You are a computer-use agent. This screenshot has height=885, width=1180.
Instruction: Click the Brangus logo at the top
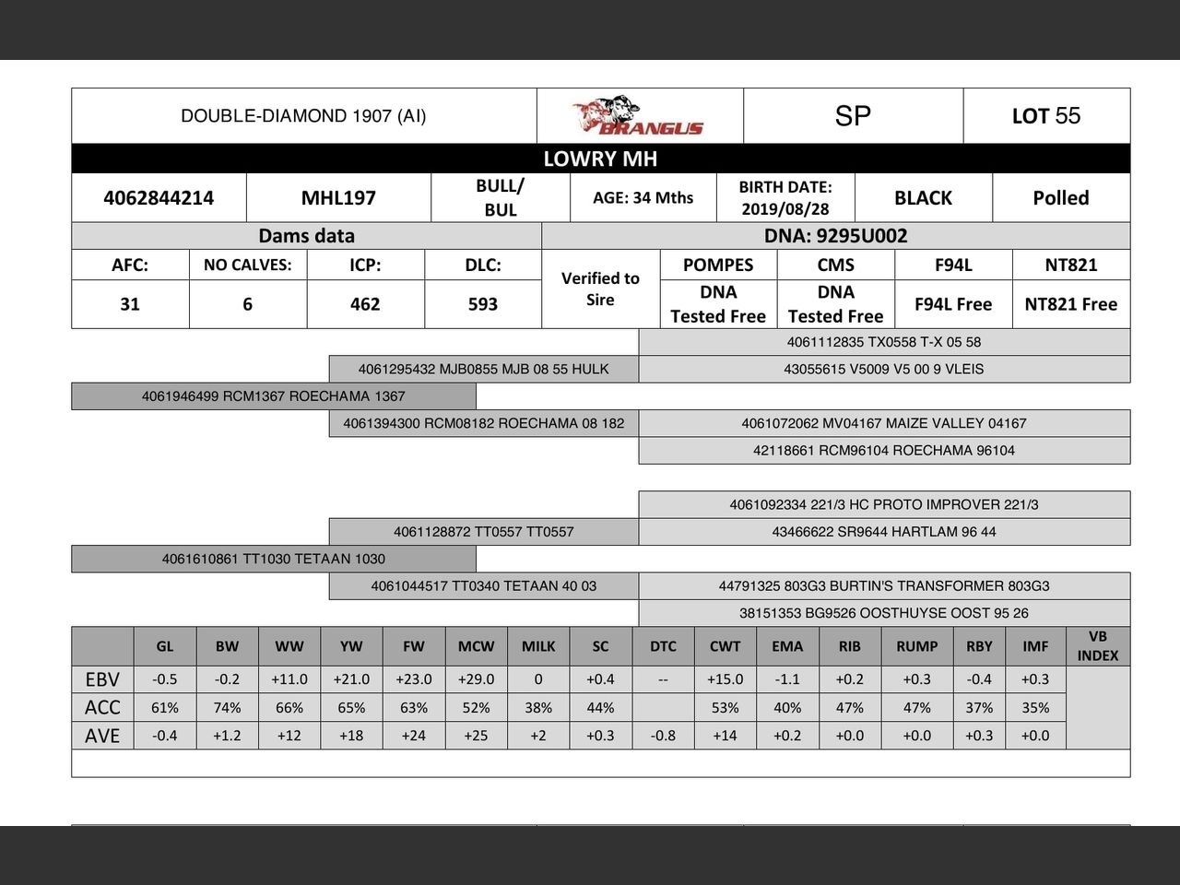pos(638,116)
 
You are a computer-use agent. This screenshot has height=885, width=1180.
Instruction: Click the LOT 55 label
pos(1045,116)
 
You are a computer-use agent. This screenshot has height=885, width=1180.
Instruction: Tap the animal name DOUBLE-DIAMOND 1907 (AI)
pos(303,116)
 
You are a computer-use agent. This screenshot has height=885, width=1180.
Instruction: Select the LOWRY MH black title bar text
pos(600,159)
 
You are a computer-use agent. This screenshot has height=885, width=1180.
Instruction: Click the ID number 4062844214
pos(159,197)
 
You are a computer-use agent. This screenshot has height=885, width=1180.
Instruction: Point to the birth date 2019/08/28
pos(785,209)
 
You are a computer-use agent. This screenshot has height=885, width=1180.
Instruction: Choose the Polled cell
pos(1060,197)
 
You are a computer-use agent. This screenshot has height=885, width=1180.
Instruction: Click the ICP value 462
pos(365,304)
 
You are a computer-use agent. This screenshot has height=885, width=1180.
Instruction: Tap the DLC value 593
pos(482,304)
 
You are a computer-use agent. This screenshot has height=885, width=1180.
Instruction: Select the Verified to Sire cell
pos(600,289)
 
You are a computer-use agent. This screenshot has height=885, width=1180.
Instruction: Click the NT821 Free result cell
pos(1070,304)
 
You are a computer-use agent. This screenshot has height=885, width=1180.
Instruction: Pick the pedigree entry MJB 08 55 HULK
pos(483,369)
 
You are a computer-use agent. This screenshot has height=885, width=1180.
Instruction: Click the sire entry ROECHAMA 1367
pos(273,396)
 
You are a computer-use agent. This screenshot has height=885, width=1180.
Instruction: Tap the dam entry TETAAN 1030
pos(273,559)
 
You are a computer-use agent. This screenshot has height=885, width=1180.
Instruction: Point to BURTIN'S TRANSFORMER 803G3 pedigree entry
pos(883,585)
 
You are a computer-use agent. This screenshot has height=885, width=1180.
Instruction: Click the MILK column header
pos(538,646)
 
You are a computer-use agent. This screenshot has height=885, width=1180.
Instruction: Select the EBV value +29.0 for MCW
pos(476,679)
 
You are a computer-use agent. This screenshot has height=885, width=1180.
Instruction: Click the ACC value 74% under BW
pos(227,708)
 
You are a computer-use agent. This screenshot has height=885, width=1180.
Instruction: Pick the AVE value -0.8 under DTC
pos(663,736)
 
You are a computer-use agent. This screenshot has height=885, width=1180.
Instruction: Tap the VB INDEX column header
pos(1097,646)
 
